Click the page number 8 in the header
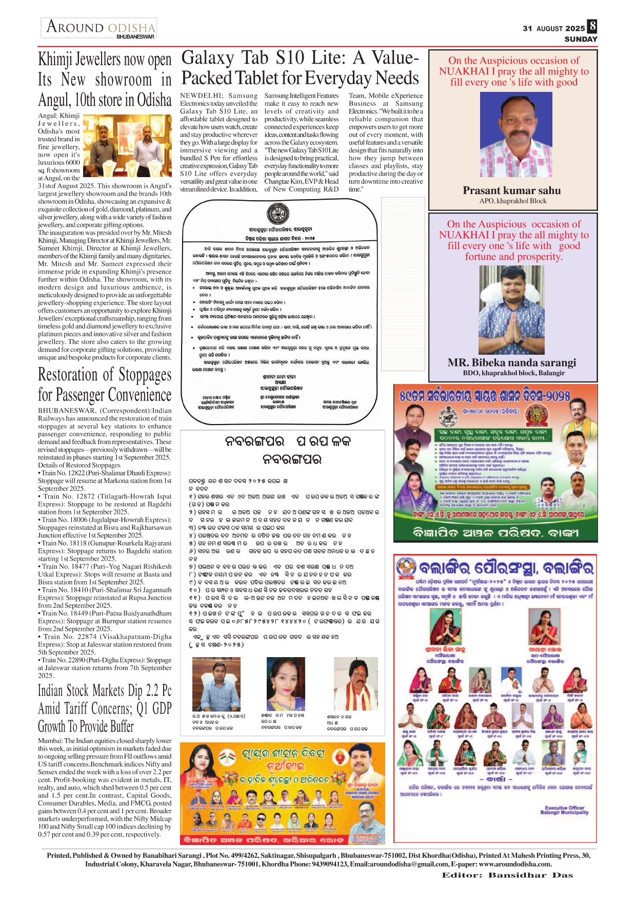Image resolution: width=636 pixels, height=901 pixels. [x=592, y=26]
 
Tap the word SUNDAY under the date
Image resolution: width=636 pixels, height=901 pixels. [x=581, y=39]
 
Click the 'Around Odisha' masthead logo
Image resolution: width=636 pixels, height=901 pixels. [x=100, y=27]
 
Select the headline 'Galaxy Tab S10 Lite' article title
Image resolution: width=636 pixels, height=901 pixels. [x=300, y=68]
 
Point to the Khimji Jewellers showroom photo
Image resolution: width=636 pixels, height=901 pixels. [x=127, y=146]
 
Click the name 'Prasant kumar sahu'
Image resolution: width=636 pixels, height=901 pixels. [x=512, y=190]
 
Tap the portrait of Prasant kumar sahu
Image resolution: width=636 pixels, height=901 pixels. [x=511, y=135]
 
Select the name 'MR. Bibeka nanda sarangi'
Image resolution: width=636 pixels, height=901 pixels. [x=511, y=362]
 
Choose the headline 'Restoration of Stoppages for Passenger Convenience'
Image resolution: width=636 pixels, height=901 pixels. [x=105, y=385]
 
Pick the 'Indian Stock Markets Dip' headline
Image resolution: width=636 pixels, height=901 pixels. [x=105, y=708]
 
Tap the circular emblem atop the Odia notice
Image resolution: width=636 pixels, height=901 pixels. [x=278, y=214]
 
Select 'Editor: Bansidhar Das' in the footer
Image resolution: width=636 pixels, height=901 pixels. [x=507, y=875]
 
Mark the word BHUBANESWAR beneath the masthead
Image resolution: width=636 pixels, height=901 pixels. [x=135, y=37]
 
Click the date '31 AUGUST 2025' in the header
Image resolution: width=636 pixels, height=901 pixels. [x=553, y=29]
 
